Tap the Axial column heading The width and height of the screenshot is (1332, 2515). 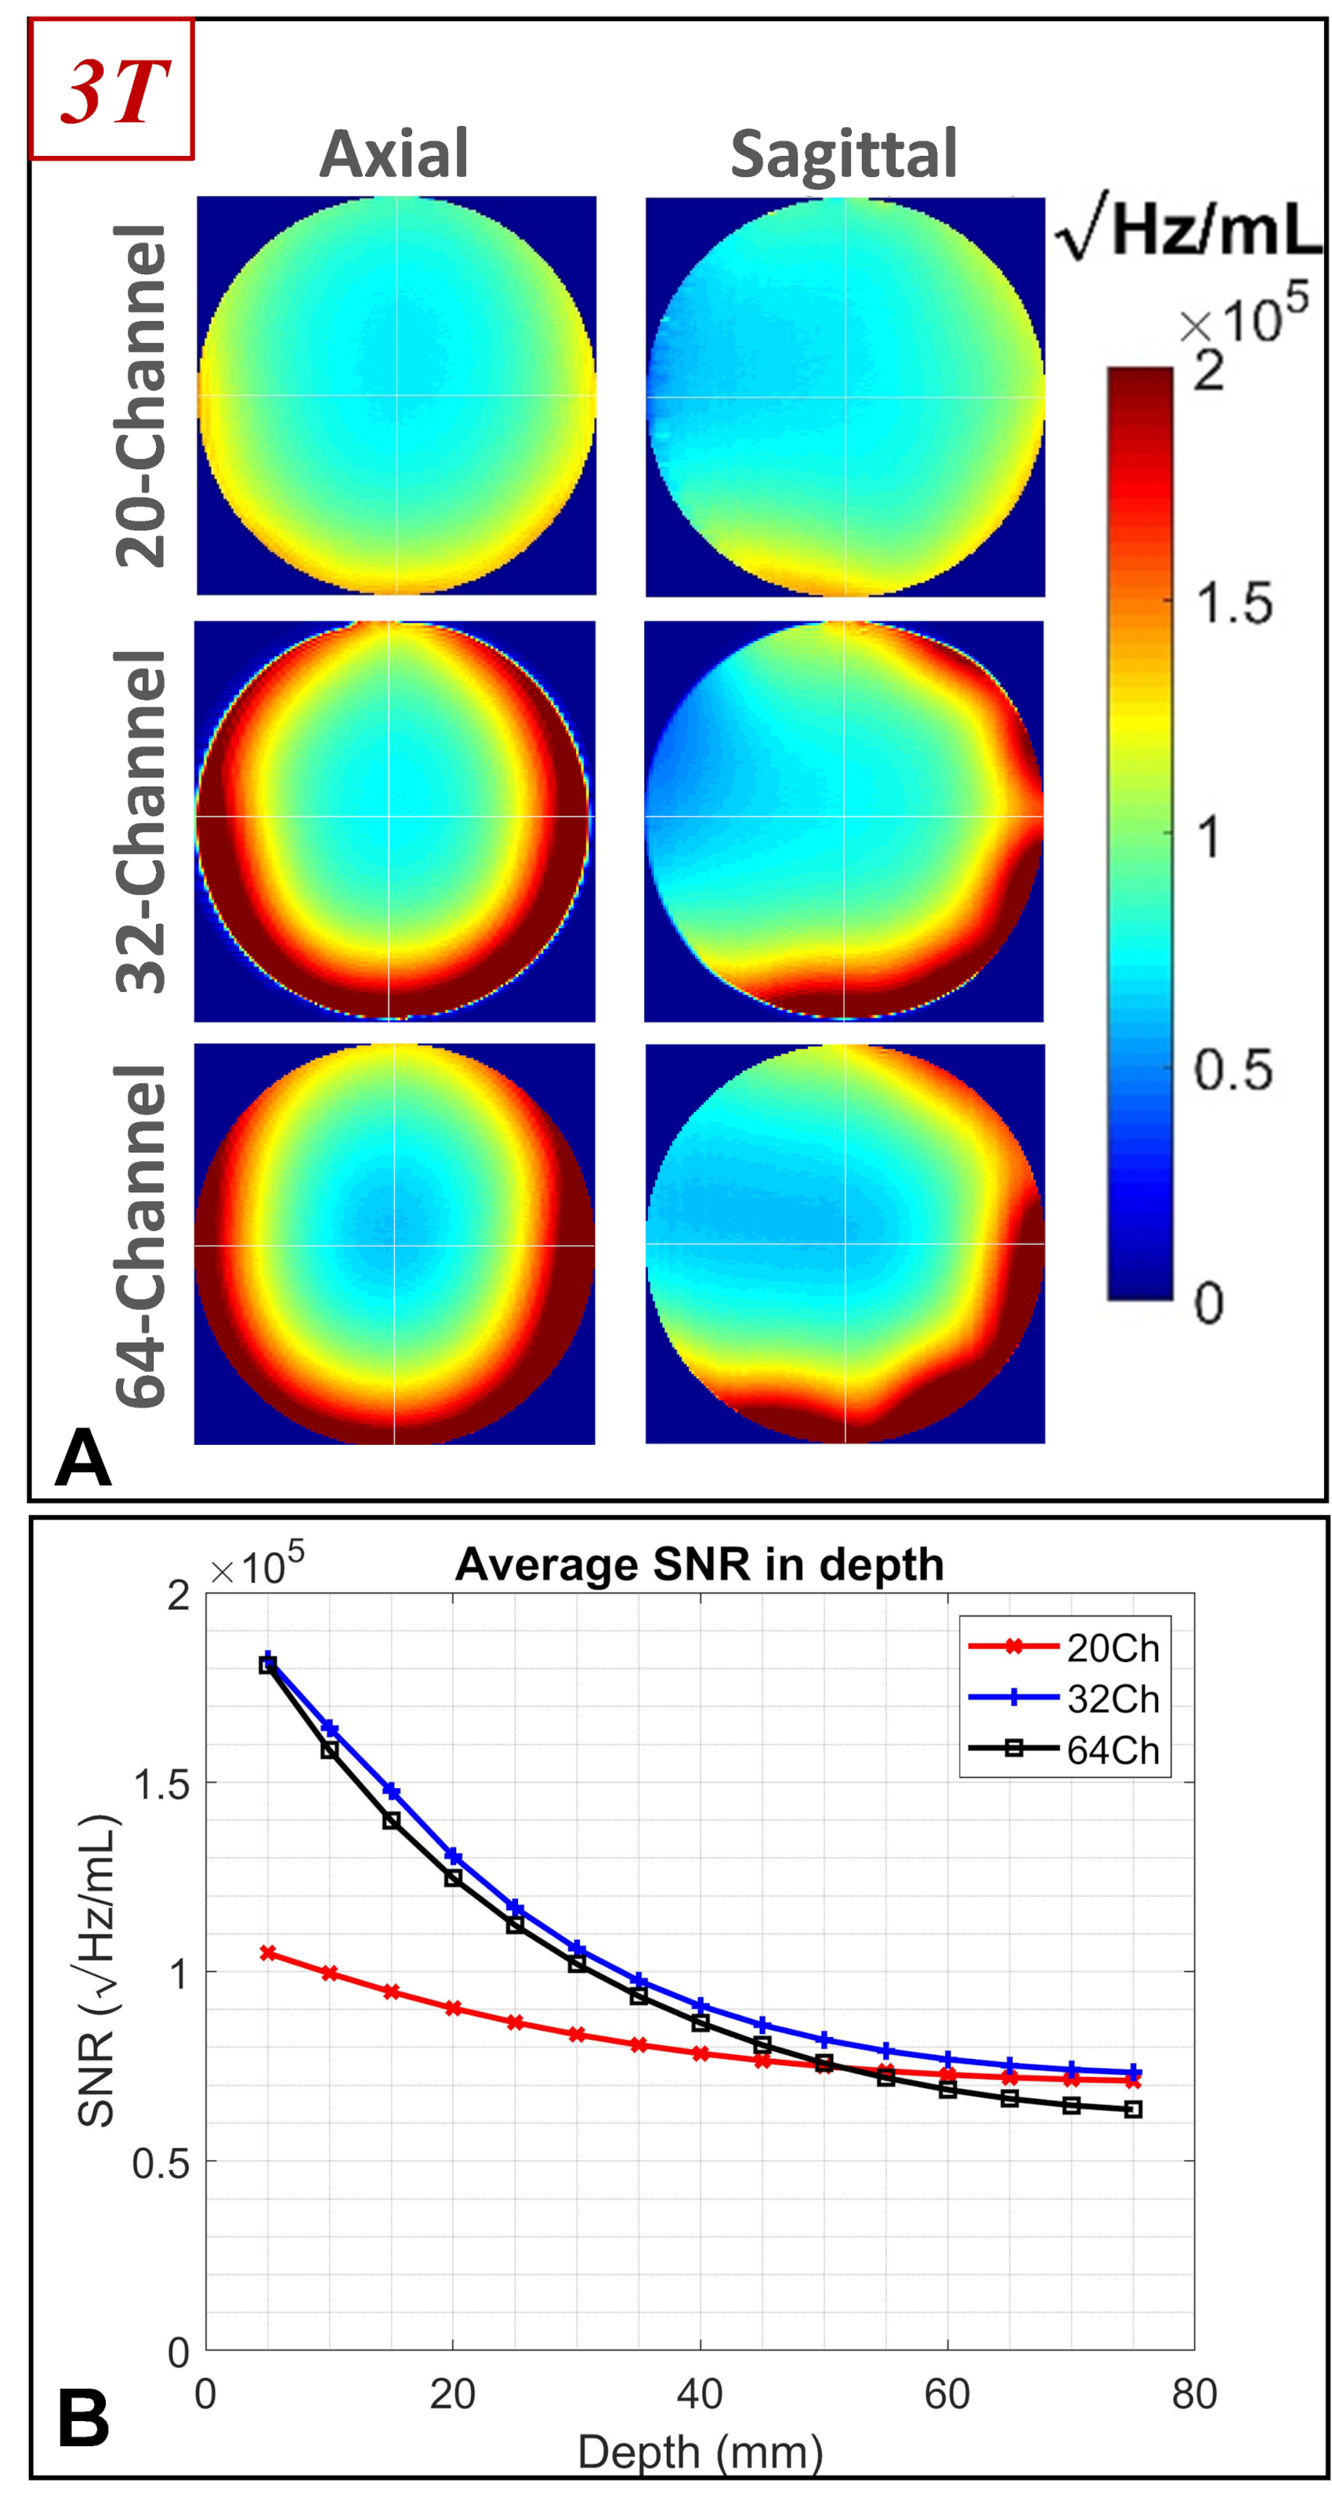395,154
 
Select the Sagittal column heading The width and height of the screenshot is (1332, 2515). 844,154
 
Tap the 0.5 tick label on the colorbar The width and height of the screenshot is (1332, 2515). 1232,1070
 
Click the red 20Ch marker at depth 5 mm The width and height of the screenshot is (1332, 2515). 267,1952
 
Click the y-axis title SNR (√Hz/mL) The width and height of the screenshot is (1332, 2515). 98,1972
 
